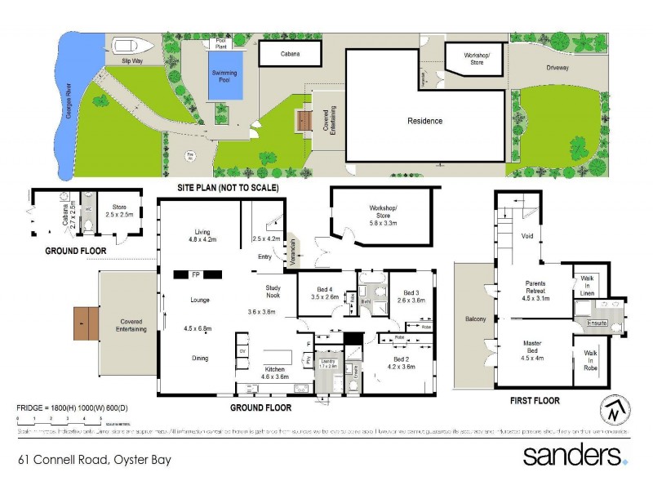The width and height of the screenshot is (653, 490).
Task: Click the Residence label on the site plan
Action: [424, 121]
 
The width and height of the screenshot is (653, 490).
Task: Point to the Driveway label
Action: [557, 68]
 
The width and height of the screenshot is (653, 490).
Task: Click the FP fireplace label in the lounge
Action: [196, 274]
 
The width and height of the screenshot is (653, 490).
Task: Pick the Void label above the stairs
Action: [526, 236]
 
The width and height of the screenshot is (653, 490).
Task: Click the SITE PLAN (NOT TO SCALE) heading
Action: [228, 188]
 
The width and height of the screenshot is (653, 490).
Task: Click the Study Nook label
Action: [273, 292]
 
